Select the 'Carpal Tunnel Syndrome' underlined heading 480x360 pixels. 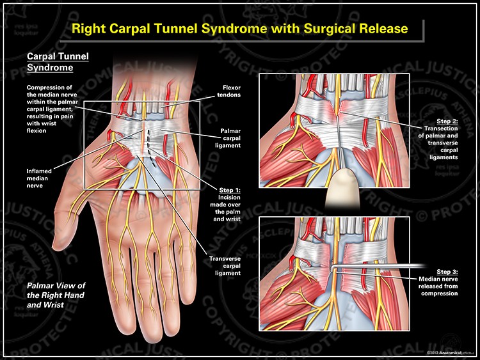[x=57, y=61]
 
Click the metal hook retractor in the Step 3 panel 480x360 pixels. [x=371, y=268]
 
